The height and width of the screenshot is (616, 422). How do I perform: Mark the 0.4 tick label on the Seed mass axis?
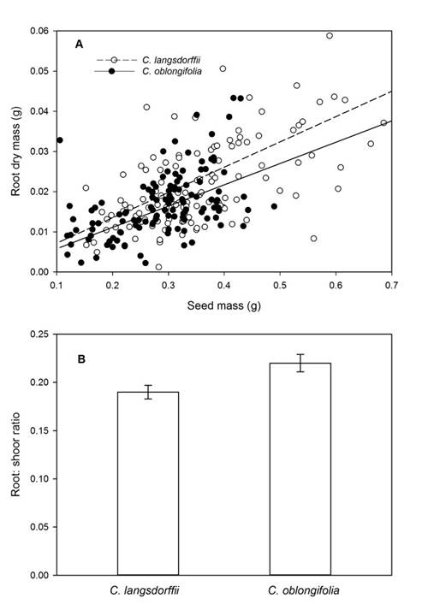tap(223, 286)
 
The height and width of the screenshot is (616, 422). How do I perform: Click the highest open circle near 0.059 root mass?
tap(330, 36)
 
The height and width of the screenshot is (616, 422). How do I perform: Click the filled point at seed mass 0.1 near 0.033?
tap(59, 140)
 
